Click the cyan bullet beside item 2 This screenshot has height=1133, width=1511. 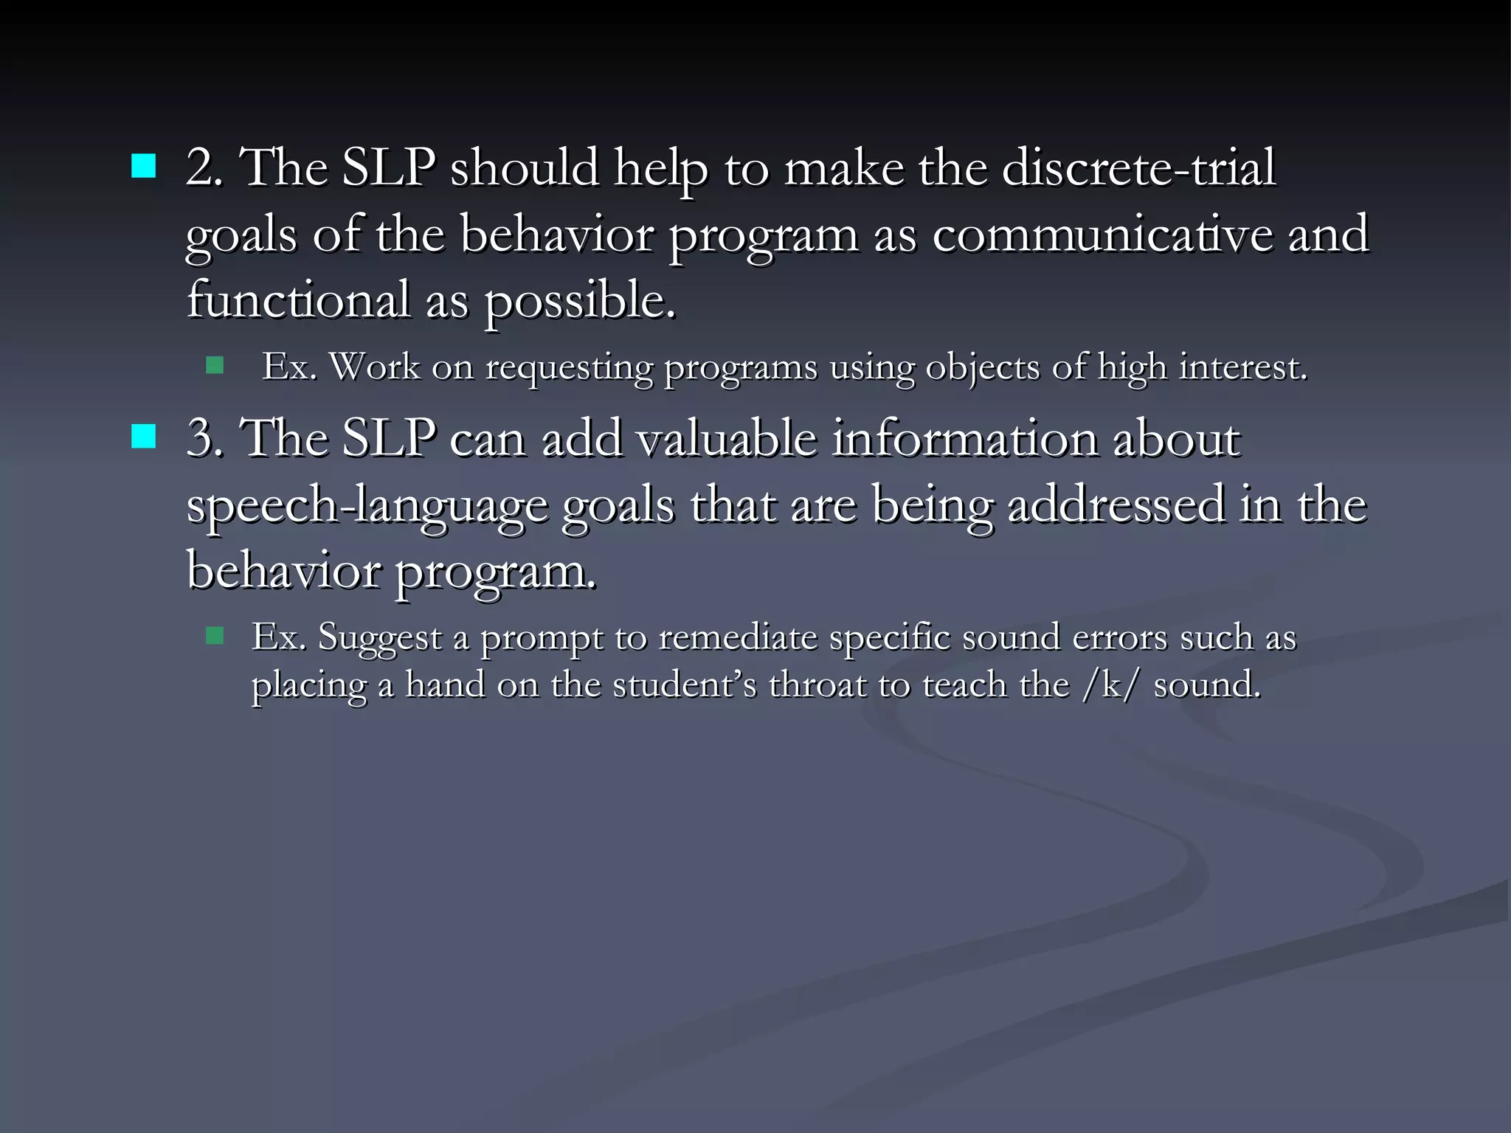click(x=143, y=167)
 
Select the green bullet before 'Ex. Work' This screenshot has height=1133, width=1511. click(x=215, y=365)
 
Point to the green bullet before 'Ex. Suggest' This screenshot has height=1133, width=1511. click(x=215, y=635)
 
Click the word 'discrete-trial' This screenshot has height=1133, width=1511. click(x=1138, y=167)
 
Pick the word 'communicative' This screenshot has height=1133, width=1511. click(x=1102, y=235)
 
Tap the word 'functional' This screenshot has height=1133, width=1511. click(x=298, y=300)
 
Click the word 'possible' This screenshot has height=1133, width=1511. click(x=579, y=302)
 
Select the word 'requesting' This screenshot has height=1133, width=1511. click(x=569, y=367)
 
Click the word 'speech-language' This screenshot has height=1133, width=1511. click(x=367, y=506)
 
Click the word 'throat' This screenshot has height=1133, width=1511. click(x=817, y=685)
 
